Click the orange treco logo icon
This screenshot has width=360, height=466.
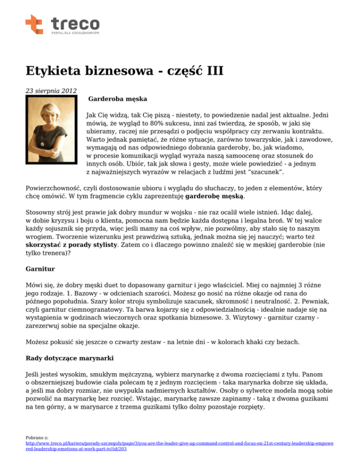tap(34, 24)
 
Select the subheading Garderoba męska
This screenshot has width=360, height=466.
tap(118, 99)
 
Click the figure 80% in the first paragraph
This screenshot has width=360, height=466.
tap(162, 123)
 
